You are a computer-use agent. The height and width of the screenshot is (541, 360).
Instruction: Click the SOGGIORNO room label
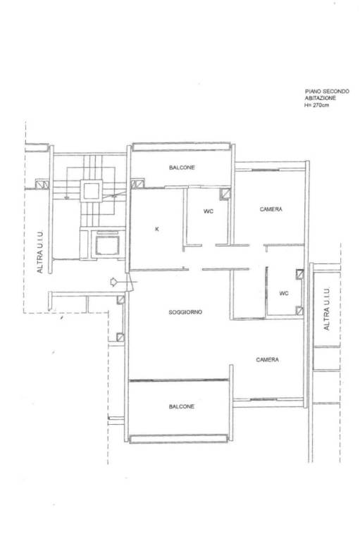click(185, 312)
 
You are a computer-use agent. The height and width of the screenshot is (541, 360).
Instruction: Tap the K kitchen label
click(157, 229)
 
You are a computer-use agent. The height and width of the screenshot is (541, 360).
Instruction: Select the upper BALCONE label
click(182, 168)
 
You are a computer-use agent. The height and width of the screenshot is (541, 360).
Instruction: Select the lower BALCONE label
click(182, 406)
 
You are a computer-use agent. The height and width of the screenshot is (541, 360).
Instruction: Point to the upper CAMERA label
click(271, 209)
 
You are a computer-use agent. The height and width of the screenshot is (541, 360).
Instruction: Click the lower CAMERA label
click(268, 360)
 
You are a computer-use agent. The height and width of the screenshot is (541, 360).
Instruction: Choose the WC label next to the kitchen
click(209, 211)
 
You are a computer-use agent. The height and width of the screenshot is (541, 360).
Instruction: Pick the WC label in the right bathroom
click(284, 293)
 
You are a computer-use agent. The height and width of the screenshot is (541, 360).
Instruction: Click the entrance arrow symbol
click(113, 282)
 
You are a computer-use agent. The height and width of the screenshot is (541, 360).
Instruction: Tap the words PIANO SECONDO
click(327, 92)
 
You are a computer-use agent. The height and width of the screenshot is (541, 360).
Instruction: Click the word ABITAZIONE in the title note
click(321, 98)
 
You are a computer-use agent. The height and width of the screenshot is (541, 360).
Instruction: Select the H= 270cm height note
click(316, 105)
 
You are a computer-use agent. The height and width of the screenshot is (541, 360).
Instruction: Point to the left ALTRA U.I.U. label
click(40, 252)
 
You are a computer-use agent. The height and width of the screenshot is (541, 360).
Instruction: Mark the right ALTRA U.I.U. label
click(326, 309)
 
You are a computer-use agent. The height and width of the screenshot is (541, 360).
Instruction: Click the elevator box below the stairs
click(107, 245)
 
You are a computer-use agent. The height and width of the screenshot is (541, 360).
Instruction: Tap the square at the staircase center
click(92, 191)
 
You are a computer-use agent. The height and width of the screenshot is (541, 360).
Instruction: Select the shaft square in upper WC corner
click(225, 194)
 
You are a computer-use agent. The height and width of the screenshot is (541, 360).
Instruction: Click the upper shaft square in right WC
click(300, 274)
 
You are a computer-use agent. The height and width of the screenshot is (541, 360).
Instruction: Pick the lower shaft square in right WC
click(300, 311)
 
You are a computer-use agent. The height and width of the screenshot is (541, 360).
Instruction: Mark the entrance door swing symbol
click(130, 282)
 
